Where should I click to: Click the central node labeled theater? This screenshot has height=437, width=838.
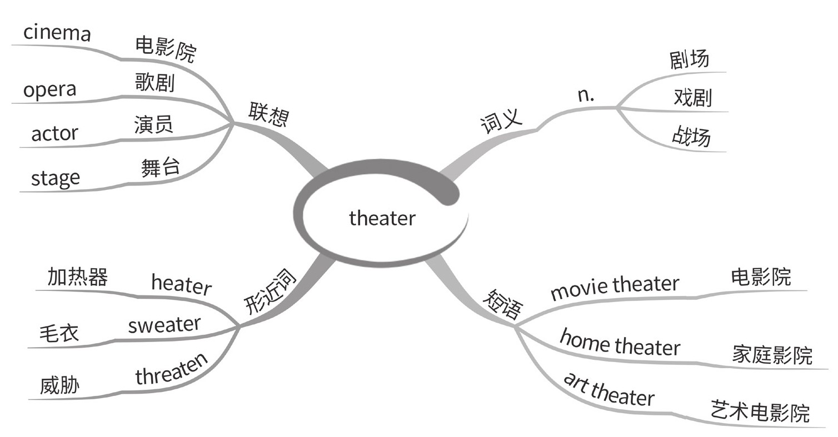pos(382,218)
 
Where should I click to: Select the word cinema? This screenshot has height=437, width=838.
pos(57,33)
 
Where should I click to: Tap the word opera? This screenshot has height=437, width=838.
pos(50,90)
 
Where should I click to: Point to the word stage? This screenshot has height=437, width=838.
pos(55,178)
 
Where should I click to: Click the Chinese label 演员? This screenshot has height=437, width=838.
pos(153,124)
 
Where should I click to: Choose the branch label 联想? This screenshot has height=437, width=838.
pos(269,114)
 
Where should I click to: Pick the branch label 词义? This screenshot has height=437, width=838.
pos(501,121)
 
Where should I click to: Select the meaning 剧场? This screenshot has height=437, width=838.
pos(690,59)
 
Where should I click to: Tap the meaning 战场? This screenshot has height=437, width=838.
pos(691,136)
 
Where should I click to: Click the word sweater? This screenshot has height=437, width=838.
pos(164,325)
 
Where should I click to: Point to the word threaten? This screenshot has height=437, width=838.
pos(172,370)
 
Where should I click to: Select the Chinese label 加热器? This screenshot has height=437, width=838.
pos(77,277)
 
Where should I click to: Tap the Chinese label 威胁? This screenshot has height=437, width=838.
pos(59,386)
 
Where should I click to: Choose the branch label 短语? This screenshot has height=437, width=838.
pos(503,305)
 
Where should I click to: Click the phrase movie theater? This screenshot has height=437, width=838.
pos(614,288)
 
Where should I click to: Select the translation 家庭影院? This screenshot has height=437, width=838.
pos(772,355)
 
